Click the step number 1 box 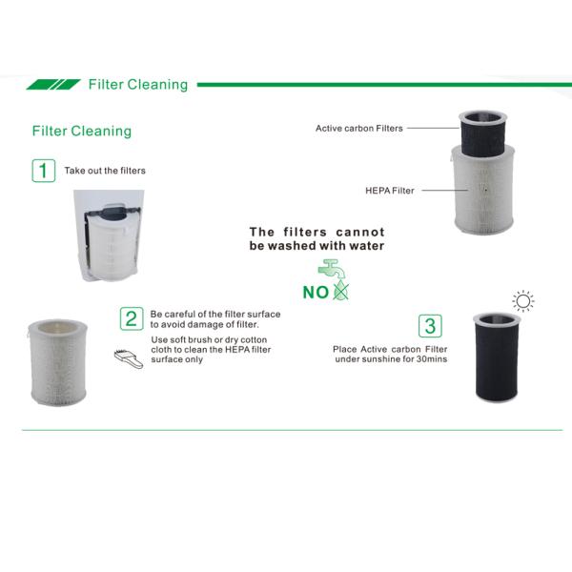pos(44,171)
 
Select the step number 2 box pos(132,318)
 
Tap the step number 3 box pos(430,326)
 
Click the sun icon pos(523,301)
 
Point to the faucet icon pos(331,269)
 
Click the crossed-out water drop pos(341,291)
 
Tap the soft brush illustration pos(129,358)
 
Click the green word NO pos(316,293)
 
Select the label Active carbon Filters pos(359,129)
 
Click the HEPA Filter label pos(390,191)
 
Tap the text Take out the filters pos(105,171)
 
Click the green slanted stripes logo pos(53,85)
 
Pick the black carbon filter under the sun pos(497,357)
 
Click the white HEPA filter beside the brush pos(58,362)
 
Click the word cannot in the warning pos(360,232)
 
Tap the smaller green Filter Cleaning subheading pos(82,131)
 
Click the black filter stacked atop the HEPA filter pos(482,133)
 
